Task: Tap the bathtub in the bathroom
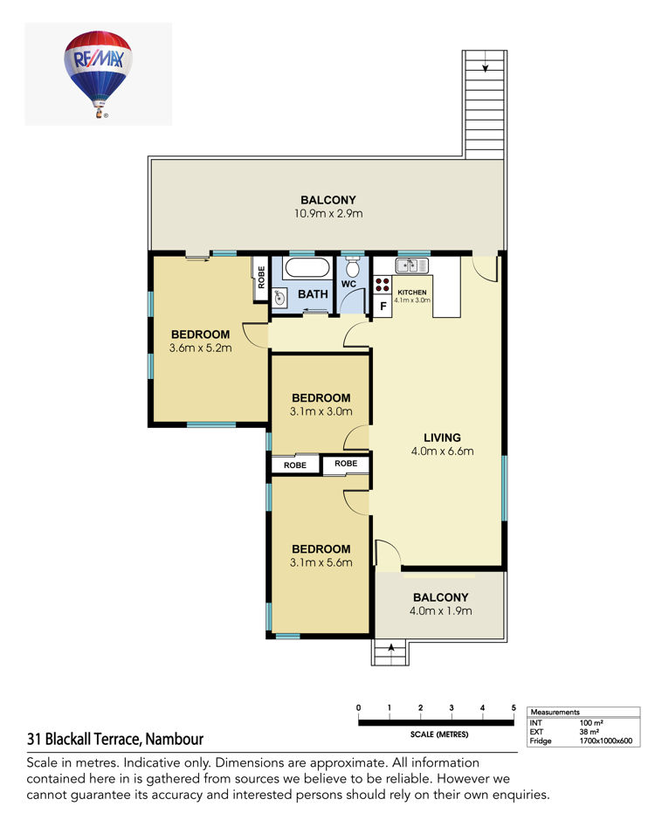(307, 267)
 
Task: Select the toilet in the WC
(353, 267)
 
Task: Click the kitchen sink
(411, 265)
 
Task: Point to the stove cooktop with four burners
(383, 286)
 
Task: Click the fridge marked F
(383, 306)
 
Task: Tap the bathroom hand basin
(280, 298)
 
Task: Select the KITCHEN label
(412, 293)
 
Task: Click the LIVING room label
(442, 438)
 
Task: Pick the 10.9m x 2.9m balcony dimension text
(328, 214)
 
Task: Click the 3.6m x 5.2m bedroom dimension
(200, 348)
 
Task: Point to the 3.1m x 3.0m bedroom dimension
(321, 411)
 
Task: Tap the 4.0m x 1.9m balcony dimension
(440, 610)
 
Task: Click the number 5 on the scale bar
(514, 708)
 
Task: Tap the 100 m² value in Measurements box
(591, 723)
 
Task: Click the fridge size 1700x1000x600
(605, 741)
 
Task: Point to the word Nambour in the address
(175, 739)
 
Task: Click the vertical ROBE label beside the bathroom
(261, 278)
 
